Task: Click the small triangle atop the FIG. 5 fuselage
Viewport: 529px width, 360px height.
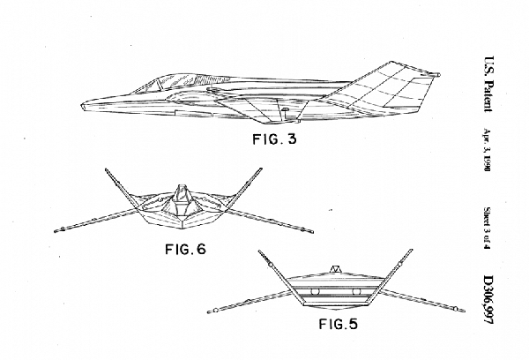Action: click(x=335, y=266)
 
